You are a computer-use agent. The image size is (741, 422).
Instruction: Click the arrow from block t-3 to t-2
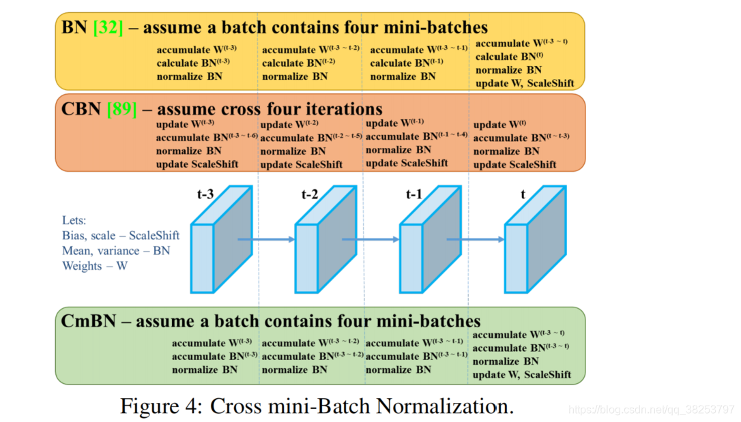265,239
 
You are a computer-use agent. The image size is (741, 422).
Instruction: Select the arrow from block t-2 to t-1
370,239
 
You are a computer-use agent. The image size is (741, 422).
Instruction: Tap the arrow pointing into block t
475,239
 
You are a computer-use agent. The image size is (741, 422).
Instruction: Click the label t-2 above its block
310,194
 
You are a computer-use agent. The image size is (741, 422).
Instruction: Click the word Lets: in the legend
75,220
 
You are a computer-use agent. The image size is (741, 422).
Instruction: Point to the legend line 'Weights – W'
95,266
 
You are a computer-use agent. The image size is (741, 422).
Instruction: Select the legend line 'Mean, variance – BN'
116,250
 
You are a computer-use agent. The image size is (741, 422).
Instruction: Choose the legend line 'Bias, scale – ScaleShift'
121,235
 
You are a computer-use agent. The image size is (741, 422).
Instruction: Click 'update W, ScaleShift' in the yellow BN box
525,83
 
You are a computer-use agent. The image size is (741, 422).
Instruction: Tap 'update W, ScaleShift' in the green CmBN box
522,375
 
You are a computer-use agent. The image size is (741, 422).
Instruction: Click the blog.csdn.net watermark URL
651,410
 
